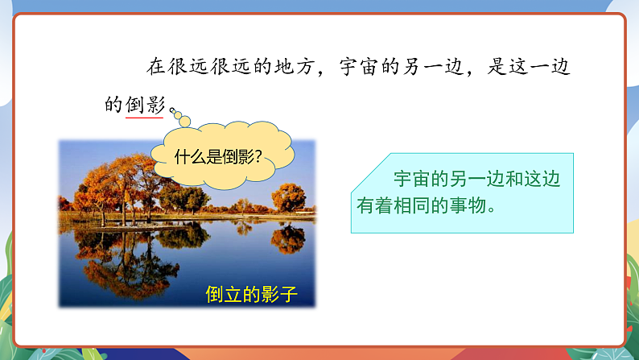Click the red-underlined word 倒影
[145, 105]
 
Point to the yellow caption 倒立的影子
[251, 294]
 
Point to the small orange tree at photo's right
[288, 197]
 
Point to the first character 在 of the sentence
[148, 67]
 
